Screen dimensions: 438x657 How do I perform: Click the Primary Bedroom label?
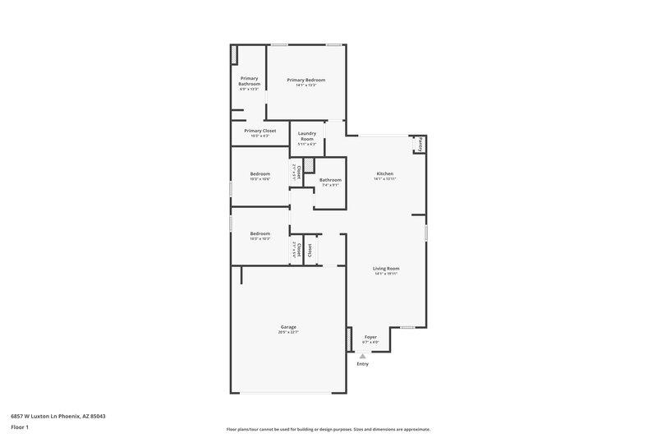[306, 80]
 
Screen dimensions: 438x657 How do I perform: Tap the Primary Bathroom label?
[249, 81]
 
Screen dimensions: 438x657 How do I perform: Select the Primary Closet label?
[260, 131]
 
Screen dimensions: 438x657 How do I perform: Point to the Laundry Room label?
[306, 136]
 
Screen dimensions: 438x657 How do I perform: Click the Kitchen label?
[384, 173]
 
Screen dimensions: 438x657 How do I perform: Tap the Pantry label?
[418, 144]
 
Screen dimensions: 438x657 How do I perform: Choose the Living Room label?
[385, 269]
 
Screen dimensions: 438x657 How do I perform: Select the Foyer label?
[370, 337]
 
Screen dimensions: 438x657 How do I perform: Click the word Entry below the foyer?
[362, 364]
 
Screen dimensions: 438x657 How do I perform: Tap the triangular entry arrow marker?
[362, 356]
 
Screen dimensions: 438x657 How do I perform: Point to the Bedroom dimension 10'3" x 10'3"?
[260, 238]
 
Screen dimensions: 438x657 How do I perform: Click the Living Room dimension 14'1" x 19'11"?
[385, 274]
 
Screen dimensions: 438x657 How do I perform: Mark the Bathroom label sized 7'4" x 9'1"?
[330, 180]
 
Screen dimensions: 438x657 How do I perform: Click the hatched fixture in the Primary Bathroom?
[235, 54]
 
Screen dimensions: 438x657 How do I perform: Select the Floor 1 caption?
[21, 428]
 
